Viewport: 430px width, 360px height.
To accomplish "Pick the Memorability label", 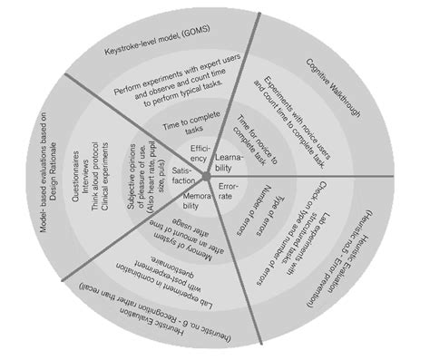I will pos(191,201).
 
